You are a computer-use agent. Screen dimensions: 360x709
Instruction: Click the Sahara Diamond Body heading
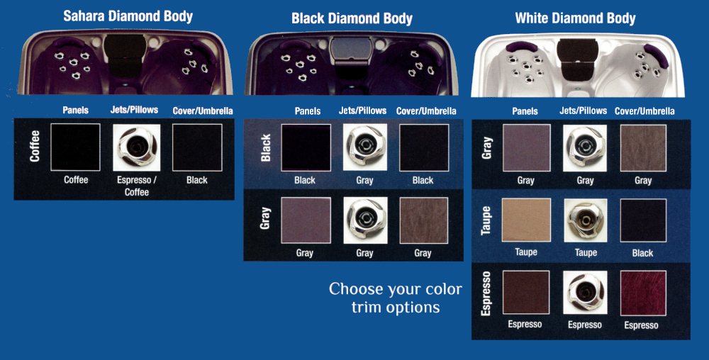[128, 16]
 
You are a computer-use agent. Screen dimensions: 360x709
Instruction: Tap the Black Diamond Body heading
[352, 18]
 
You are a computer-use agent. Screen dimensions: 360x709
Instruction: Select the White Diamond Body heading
[575, 18]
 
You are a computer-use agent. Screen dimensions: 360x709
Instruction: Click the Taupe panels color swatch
[525, 221]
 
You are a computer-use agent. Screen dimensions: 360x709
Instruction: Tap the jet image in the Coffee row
[137, 148]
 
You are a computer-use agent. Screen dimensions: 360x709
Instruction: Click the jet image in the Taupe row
[585, 221]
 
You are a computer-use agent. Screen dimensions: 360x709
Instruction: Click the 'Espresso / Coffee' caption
[137, 186]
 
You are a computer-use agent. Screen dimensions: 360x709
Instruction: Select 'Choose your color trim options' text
[395, 298]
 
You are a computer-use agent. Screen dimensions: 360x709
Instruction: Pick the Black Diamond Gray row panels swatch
[306, 220]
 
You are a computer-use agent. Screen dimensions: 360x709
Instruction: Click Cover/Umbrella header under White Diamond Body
[644, 111]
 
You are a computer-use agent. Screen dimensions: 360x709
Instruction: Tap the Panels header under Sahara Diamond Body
[76, 111]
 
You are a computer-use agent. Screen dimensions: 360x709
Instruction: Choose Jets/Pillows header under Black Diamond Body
[364, 111]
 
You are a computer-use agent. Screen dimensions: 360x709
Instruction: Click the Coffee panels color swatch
[75, 147]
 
